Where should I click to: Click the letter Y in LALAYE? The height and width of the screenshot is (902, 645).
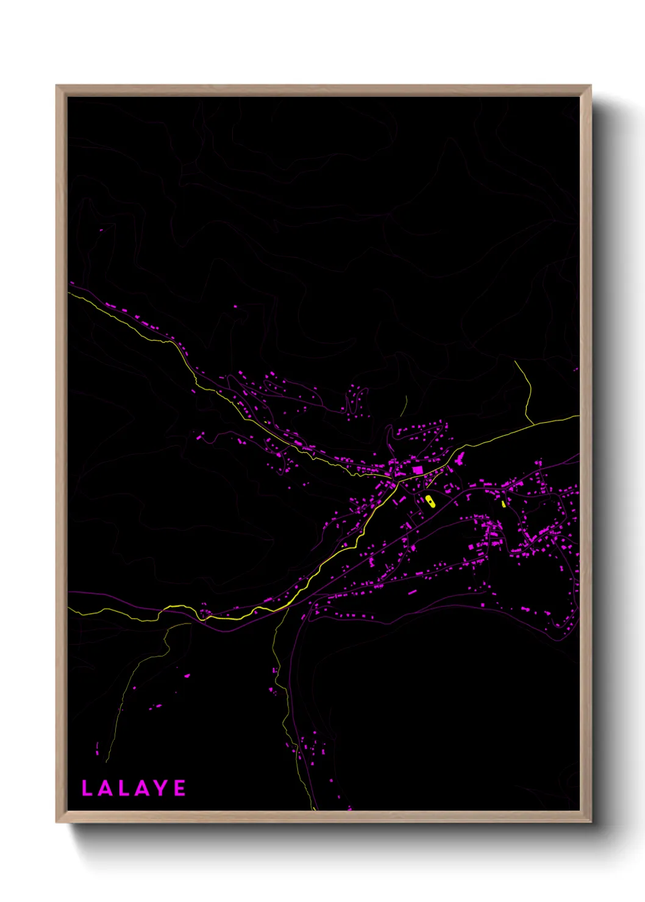[162, 788]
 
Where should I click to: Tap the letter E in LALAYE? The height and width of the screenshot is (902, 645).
[180, 788]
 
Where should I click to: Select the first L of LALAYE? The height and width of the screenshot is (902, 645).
[87, 788]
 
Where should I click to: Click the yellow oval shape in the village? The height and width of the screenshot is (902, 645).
[430, 502]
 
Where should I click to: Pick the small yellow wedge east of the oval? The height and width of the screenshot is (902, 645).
[504, 503]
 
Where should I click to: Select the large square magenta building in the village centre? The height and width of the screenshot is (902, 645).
[418, 470]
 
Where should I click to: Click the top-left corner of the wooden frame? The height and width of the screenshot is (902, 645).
[57, 86]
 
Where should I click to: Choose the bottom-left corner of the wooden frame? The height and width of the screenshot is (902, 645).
[57, 822]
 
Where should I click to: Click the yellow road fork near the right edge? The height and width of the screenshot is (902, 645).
[534, 424]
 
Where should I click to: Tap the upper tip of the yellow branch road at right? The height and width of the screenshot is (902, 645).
[515, 361]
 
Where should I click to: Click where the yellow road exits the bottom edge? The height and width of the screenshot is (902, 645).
[315, 809]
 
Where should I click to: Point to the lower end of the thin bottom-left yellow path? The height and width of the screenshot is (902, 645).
[106, 762]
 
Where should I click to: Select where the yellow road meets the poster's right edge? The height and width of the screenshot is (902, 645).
[578, 416]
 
